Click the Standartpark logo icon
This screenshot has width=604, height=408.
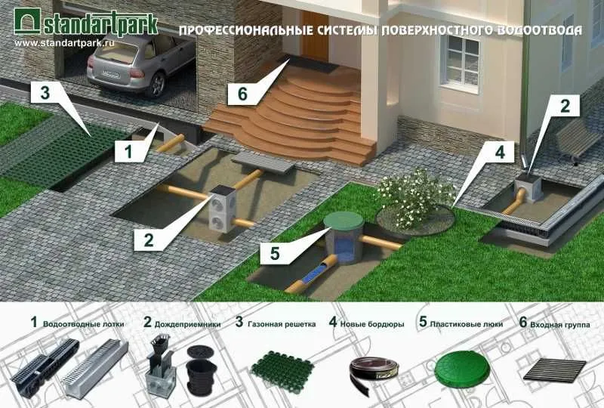click(27, 21)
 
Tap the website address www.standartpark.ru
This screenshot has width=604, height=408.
click(64, 43)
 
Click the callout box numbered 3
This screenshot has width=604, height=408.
click(45, 92)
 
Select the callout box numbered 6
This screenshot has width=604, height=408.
click(242, 94)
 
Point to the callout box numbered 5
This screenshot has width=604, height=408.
click(275, 253)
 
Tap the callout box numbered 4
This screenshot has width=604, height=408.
click(500, 153)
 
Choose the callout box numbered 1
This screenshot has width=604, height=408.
click(128, 151)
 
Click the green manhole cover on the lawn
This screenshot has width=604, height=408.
click(344, 220)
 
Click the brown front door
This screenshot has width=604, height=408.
click(315, 36)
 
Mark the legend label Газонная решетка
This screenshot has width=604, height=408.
click(282, 324)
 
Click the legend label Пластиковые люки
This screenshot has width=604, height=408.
click(467, 324)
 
